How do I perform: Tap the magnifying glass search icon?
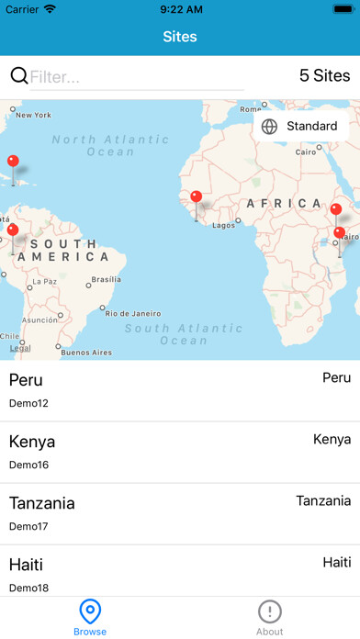18,76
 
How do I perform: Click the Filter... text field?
136,77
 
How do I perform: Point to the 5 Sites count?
324,76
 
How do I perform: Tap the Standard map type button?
300,126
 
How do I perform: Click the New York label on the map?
33,115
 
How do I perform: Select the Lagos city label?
224,225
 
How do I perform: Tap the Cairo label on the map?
306,152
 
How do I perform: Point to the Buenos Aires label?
85,353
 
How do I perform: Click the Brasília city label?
106,280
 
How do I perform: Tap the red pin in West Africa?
196,196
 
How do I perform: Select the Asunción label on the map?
39,319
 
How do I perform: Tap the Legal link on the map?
19,348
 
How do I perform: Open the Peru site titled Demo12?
180,390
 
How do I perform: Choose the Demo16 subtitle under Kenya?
28,465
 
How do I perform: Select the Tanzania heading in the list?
42,503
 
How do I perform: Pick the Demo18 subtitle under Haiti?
28,588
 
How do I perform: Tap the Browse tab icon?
90,611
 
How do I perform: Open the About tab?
269,617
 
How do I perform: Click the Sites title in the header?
180,37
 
